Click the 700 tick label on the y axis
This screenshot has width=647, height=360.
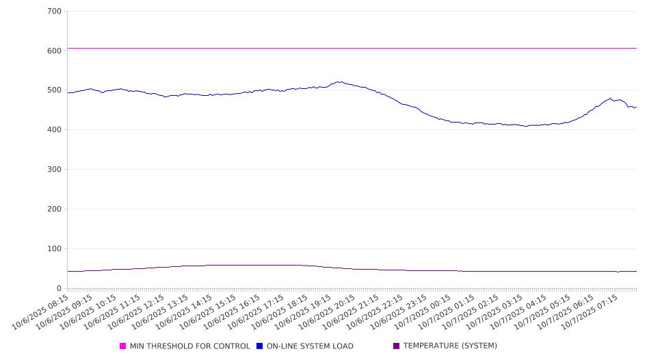[x=55, y=11]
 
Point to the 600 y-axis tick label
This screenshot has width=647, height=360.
[x=55, y=51]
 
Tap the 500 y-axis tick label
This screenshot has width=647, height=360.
[x=55, y=90]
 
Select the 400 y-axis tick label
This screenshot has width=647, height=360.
[x=55, y=130]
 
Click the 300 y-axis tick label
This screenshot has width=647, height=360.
[x=55, y=170]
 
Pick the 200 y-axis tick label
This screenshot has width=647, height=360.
[x=55, y=209]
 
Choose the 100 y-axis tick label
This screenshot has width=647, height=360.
[x=55, y=249]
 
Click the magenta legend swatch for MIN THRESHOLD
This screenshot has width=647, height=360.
[x=123, y=346]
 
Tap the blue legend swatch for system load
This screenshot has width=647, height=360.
[x=260, y=346]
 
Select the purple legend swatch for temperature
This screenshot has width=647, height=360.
[x=397, y=346]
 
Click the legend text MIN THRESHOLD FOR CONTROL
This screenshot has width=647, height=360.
[x=189, y=346]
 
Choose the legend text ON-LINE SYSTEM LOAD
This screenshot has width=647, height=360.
[x=310, y=346]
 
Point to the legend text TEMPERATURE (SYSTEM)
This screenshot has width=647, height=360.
[x=450, y=346]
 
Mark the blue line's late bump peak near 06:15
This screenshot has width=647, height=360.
[x=611, y=98]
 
